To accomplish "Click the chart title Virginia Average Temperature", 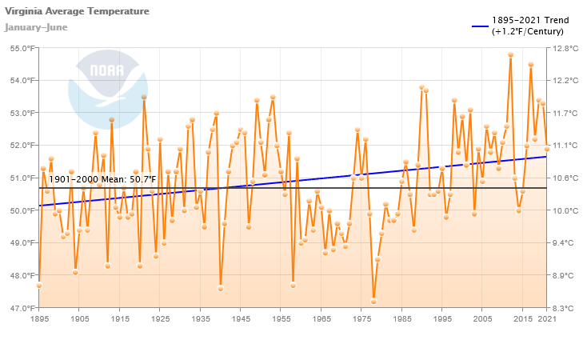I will click(76, 11).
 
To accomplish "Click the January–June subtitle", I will click(36, 27).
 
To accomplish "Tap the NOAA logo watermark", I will click(107, 86).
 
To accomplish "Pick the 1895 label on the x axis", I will click(39, 319).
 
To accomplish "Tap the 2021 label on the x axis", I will click(547, 319).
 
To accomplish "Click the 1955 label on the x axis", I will click(281, 319).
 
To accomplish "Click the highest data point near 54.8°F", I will click(510, 55).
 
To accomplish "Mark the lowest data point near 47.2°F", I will click(373, 301).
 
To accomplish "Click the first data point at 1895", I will click(39, 286).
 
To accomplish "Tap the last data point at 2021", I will click(547, 149).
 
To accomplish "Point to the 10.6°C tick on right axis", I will click(566, 178).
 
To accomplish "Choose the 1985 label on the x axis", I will click(401, 319).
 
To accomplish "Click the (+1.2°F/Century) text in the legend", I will click(528, 31).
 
